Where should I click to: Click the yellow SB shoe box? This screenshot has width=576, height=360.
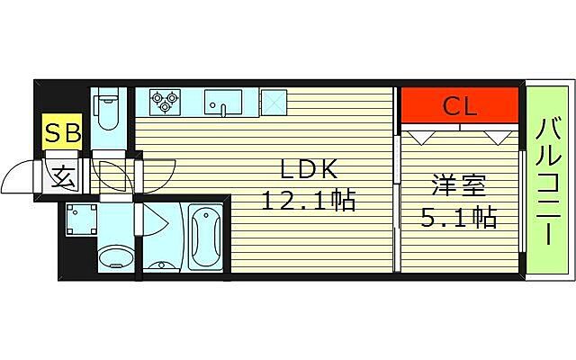pyautogui.click(x=63, y=134)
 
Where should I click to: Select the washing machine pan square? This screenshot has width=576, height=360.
pyautogui.click(x=83, y=219)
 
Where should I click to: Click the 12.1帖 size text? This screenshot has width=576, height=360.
pyautogui.click(x=309, y=201)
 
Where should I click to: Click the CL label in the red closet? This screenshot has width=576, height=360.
pyautogui.click(x=460, y=107)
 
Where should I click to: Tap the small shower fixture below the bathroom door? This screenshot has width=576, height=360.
pyautogui.click(x=161, y=265)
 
